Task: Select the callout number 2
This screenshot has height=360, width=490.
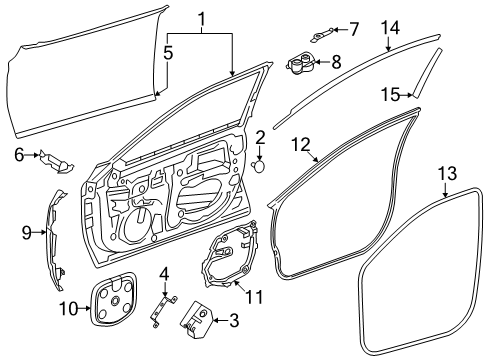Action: click(x=259, y=136)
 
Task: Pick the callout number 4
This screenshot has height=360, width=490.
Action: click(x=165, y=273)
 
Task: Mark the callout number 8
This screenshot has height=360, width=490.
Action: click(x=335, y=62)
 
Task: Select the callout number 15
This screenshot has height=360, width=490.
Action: click(x=389, y=94)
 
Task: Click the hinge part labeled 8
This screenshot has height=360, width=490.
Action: click(x=300, y=66)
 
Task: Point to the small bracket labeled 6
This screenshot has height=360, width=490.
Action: click(x=56, y=159)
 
